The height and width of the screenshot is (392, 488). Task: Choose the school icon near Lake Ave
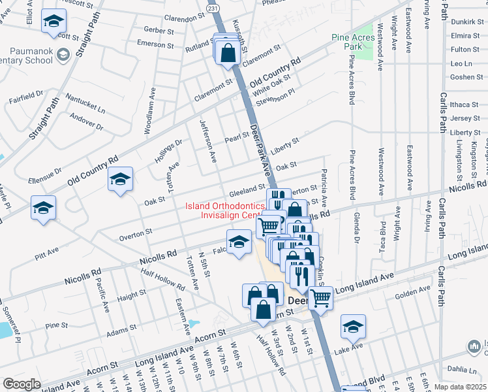pyautogui.click(x=353, y=326)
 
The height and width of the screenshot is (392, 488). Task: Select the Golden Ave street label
pyautogui.click(x=412, y=289)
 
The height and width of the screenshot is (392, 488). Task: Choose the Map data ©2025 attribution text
pyautogui.click(x=460, y=386)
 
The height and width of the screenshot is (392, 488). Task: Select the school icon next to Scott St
pyautogui.click(x=53, y=21)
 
